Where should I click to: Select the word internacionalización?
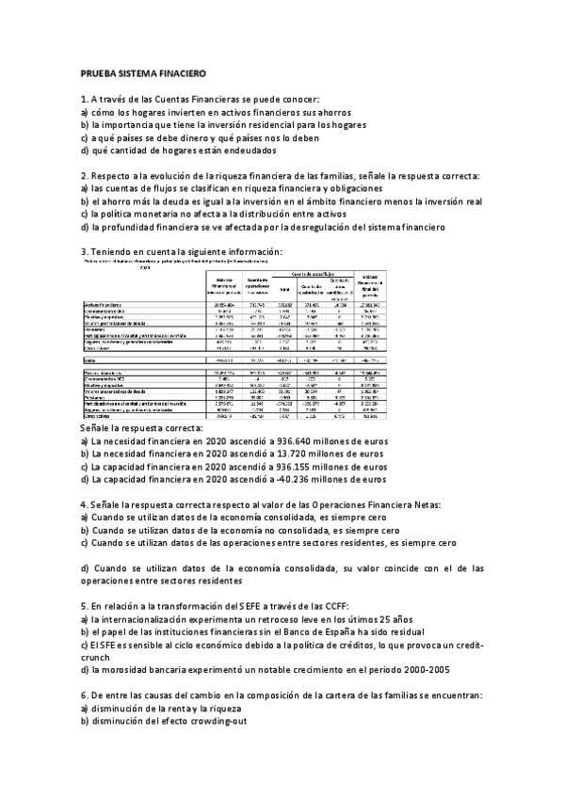click(153, 620)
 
